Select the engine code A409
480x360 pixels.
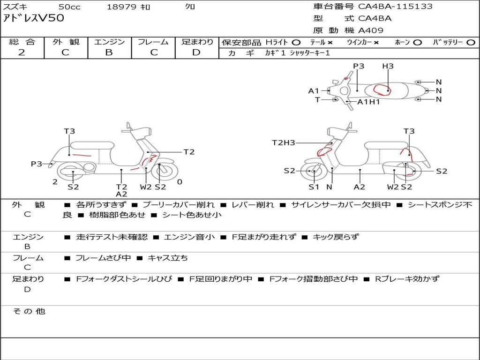point(371,30)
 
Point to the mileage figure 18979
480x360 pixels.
point(121,7)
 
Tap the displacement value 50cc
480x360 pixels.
point(69,7)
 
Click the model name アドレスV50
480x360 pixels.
point(34,19)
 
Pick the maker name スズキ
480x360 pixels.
point(15,7)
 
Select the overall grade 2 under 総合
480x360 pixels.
point(22,52)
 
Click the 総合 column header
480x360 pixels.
point(22,42)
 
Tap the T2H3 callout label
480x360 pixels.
point(284,143)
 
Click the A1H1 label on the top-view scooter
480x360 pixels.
point(368,102)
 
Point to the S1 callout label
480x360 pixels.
point(314,187)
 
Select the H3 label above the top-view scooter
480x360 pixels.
point(388,66)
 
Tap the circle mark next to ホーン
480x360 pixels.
point(417,43)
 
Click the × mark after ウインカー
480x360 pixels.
point(376,43)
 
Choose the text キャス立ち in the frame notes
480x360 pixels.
point(168,258)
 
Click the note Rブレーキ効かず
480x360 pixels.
point(407,279)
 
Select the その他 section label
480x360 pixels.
point(29,311)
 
